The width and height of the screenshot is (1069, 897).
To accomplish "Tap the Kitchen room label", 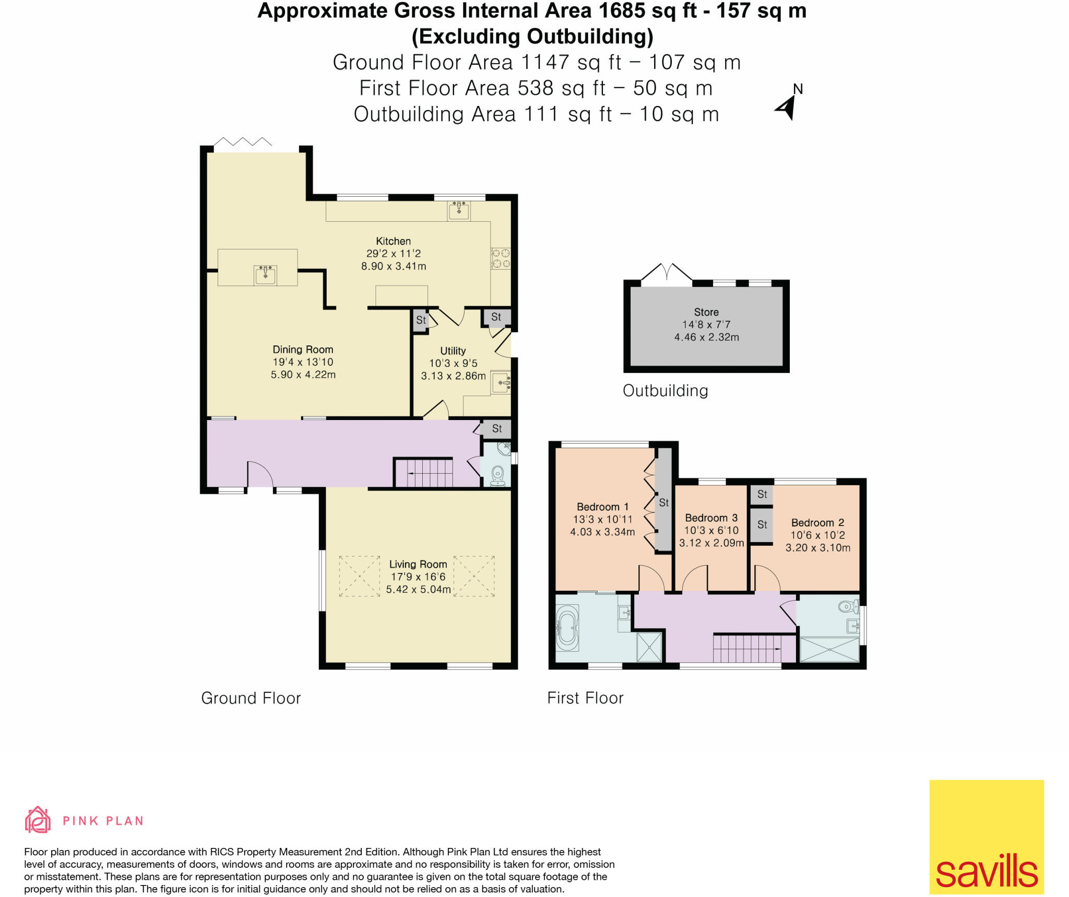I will coord(393,241).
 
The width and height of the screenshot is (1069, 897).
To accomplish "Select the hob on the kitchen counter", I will coord(501,259).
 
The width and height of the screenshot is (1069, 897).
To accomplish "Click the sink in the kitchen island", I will coord(265,274).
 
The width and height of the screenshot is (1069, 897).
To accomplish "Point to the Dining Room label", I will coord(303,350).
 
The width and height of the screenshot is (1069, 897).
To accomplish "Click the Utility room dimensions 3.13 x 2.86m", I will coord(453,376).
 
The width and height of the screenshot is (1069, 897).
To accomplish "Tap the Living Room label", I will coord(418,564).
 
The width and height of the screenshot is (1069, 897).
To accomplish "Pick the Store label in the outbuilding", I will coord(706,312).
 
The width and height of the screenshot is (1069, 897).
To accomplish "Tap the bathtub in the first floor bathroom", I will coord(567,628).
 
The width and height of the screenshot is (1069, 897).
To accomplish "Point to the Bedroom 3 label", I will coord(711,518).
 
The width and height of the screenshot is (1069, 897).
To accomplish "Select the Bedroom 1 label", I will coord(602,507).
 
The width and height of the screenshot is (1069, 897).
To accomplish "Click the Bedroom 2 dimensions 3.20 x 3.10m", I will coord(817,547).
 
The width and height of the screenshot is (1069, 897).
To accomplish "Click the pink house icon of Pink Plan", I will coord(38,820).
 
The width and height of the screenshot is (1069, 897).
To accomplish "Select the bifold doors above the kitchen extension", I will coord(243,142).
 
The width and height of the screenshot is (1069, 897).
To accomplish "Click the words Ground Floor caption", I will coord(251,698).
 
